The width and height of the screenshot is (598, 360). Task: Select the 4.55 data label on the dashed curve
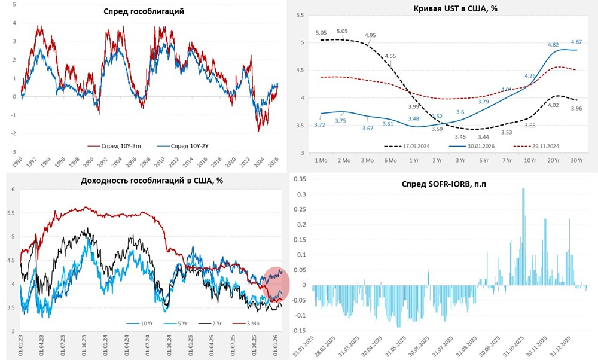(390, 56)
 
